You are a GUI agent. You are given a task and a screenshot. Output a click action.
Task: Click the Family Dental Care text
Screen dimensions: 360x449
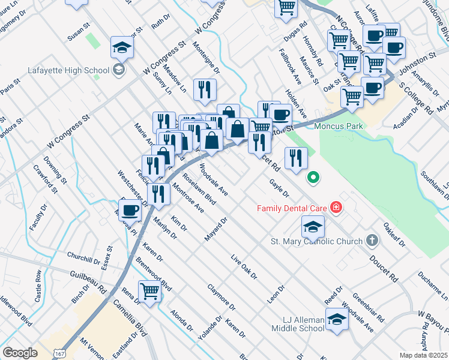pos(292,208)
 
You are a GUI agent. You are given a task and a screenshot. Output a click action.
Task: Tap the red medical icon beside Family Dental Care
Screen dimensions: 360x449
pos(336,208)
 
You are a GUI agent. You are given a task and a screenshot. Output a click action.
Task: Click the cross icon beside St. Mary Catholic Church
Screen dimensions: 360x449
pos(372,241)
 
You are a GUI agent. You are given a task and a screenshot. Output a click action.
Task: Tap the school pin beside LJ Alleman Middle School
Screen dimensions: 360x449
pos(337,319)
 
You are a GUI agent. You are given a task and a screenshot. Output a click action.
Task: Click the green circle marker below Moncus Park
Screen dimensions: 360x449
pos(312,177)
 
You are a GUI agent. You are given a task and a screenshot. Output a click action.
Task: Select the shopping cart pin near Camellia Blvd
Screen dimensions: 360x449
pos(150,292)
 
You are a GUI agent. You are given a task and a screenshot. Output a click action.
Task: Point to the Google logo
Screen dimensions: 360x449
pos(20,353)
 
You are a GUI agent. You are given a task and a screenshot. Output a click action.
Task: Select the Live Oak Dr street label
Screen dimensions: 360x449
pos(244,268)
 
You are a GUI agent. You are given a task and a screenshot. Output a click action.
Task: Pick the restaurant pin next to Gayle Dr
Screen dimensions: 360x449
pos(296,158)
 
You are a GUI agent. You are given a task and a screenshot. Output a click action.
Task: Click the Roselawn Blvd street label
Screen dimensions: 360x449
pos(199,188)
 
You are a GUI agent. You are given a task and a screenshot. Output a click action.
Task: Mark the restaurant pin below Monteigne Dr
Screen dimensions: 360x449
pos(205,90)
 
